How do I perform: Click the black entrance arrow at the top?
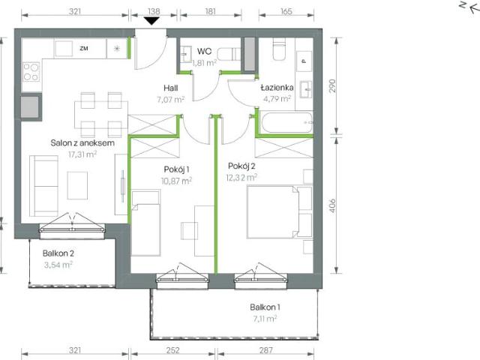tap(152, 21)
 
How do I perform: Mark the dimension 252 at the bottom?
tap(173, 349)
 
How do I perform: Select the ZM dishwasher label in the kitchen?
tap(83, 49)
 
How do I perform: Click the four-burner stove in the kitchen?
tap(31, 72)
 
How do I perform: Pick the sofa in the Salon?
tap(40, 184)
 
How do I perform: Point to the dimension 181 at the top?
tap(210, 11)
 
